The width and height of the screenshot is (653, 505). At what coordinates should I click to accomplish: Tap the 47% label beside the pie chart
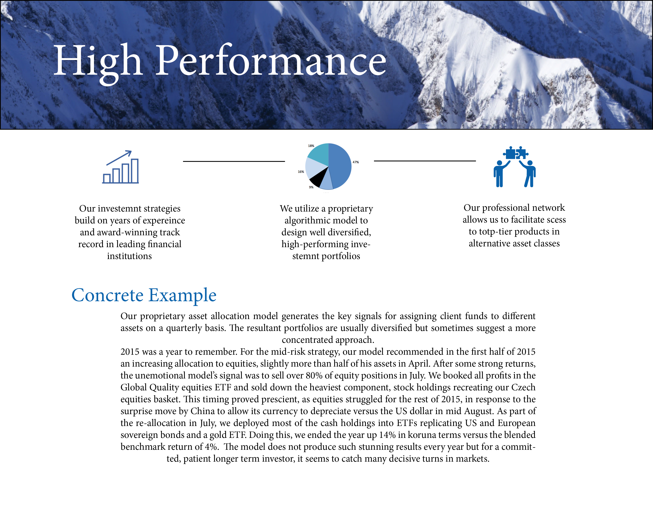click(356, 162)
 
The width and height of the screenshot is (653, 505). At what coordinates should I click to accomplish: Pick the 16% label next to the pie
click(301, 172)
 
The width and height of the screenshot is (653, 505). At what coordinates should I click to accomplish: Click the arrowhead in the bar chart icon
click(129, 153)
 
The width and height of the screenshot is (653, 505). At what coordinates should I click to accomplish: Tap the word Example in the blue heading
click(182, 296)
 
